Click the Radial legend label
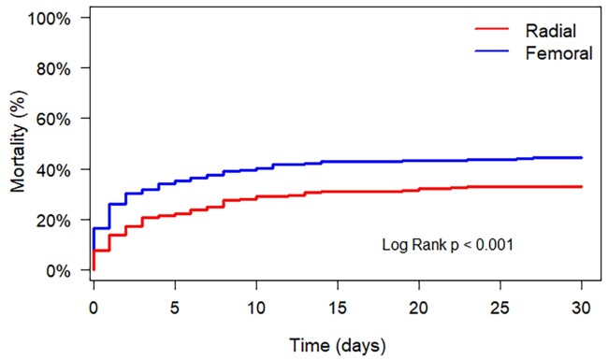[x=551, y=31]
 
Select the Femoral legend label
[x=558, y=53]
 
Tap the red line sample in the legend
[x=492, y=29]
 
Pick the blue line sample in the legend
[x=492, y=50]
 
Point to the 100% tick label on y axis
[x=50, y=19]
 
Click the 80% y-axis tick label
[x=53, y=69]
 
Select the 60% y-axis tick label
[x=53, y=120]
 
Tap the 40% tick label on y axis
[x=53, y=170]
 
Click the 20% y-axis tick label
[x=53, y=220]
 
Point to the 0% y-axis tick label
[x=58, y=271]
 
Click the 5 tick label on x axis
[x=175, y=308]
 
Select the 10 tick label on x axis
[x=256, y=308]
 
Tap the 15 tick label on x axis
[x=338, y=308]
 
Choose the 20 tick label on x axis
[x=419, y=308]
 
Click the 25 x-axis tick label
[x=500, y=308]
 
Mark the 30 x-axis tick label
[x=581, y=308]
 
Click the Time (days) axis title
[x=338, y=345]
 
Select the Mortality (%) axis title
[x=18, y=142]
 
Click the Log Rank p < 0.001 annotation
[x=447, y=245]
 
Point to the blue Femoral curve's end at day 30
[x=582, y=158]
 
